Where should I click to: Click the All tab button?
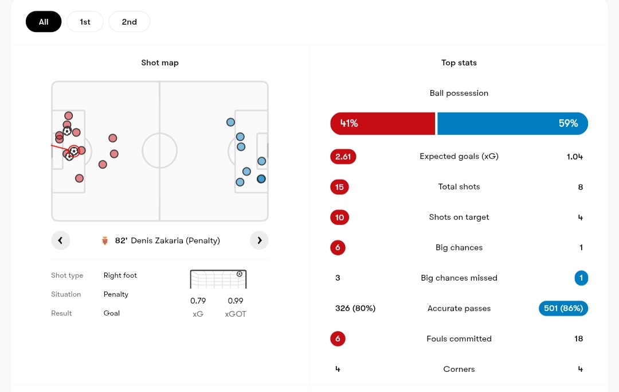tap(44, 22)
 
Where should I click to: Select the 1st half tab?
tap(85, 22)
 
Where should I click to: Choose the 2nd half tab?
tap(129, 22)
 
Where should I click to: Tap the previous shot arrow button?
tap(60, 240)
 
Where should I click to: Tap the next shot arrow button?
tap(259, 240)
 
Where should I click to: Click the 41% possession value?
tap(349, 123)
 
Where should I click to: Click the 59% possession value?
tap(568, 123)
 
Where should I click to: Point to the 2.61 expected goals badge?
tap(343, 156)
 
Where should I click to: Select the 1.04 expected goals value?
tap(574, 156)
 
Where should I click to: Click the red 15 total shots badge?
tap(340, 187)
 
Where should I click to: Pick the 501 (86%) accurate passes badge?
tap(563, 308)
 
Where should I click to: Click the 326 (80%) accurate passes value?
tap(355, 308)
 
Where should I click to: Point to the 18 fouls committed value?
tap(578, 339)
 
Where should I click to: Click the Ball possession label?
tap(459, 93)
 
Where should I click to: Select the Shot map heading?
tap(160, 63)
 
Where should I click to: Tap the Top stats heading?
tap(459, 63)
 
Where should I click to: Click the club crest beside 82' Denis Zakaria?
tap(105, 241)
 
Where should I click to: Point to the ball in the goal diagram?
tap(240, 274)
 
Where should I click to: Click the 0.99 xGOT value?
tap(236, 301)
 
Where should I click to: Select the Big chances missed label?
tap(459, 278)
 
